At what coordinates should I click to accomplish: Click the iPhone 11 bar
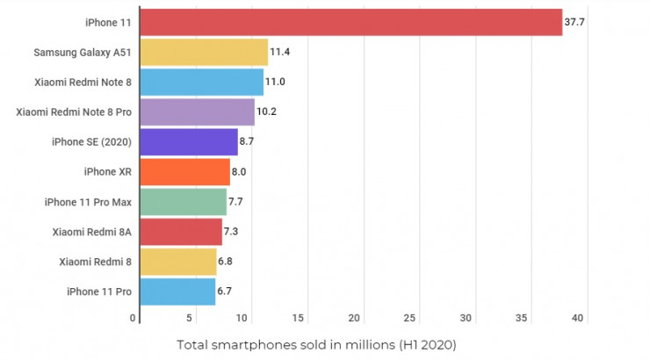350,22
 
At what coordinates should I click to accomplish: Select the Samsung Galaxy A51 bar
204,52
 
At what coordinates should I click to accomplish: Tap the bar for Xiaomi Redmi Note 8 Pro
198,112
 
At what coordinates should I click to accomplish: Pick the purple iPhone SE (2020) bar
189,141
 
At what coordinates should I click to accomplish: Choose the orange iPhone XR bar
184,171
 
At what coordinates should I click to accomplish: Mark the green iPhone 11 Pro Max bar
183,202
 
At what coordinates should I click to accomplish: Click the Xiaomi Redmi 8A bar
181,232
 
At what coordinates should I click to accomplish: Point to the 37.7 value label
574,22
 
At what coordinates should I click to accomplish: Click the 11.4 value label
280,52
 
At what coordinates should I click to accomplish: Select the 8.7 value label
247,141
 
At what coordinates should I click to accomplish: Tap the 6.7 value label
226,292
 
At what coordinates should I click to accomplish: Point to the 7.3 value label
232,232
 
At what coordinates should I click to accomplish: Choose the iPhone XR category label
107,171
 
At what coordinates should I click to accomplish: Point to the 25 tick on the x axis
410,317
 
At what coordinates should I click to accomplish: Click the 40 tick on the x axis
577,317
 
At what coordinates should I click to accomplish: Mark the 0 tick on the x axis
133,317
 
